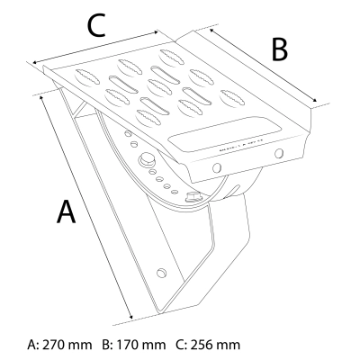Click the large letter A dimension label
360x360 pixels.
(66, 212)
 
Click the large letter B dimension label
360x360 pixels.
(280, 49)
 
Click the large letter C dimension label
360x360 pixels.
(96, 25)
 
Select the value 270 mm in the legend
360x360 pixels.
(67, 345)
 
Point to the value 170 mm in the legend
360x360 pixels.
(140, 345)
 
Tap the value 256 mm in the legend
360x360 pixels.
(215, 345)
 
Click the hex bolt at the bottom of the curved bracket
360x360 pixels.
(193, 197)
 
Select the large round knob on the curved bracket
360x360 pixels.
(147, 159)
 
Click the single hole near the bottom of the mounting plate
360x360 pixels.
(162, 273)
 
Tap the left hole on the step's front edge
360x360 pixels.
(217, 167)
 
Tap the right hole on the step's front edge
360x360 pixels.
(279, 153)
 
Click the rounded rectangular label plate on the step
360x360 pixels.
(225, 132)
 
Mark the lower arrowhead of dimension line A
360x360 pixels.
(130, 316)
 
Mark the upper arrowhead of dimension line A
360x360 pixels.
(41, 98)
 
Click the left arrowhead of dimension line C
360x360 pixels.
(35, 62)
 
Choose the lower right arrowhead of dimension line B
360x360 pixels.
(314, 101)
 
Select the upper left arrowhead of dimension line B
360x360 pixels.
(211, 31)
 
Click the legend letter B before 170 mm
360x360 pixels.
(106, 345)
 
